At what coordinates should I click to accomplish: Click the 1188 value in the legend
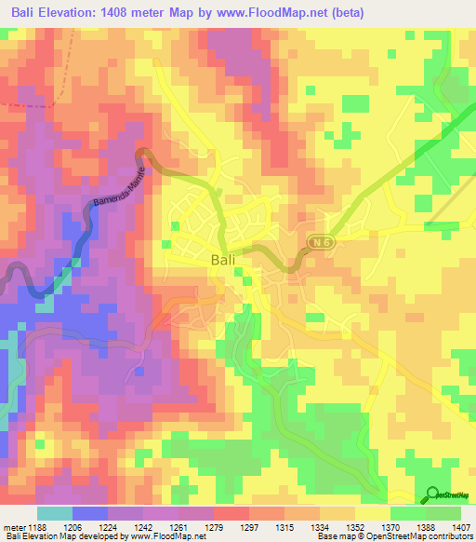tap(38, 527)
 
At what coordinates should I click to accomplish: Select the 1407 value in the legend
tap(461, 527)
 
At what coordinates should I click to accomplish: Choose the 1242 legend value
tap(144, 527)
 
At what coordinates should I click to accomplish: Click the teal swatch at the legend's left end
tap(55, 513)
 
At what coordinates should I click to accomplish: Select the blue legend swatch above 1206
tap(90, 513)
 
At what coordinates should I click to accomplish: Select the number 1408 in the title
tap(121, 12)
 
